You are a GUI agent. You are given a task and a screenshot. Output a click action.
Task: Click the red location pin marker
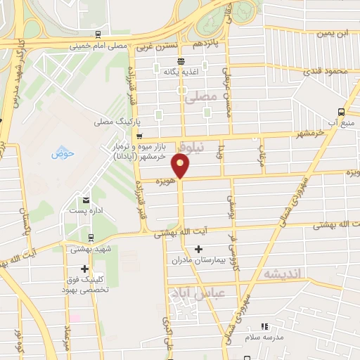pos(181,165)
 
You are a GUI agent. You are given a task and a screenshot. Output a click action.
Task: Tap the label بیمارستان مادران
pos(198,260)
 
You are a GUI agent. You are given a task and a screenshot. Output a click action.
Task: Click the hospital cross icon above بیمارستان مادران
pos(198,249)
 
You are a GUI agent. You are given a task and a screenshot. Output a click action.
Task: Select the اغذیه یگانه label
pos(179,72)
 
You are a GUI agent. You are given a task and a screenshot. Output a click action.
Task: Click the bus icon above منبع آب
pos(341,111)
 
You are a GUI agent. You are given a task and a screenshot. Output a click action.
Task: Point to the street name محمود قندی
pos(328,72)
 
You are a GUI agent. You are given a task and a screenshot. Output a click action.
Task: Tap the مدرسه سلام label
pos(264,337)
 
